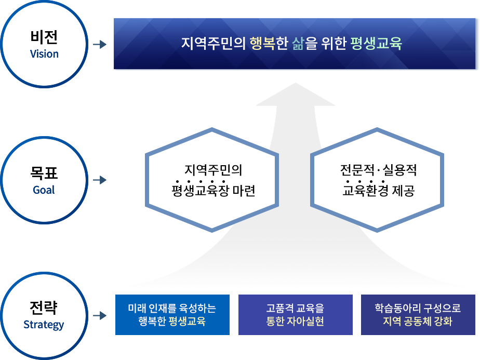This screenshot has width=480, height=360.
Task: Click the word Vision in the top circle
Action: pos(44,54)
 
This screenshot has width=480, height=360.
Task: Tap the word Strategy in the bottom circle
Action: pos(44,325)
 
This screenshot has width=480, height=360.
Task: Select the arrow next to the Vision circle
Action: pos(99,44)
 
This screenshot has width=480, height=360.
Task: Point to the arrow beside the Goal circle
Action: pos(99,180)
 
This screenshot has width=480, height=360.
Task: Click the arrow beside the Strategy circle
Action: pos(99,315)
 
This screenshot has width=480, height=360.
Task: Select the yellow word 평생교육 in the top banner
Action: pos(376,44)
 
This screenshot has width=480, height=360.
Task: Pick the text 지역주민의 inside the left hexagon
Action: pos(214,170)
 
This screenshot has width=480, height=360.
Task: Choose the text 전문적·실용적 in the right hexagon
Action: pos(378,170)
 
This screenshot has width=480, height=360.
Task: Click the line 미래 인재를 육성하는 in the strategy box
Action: pos(172,309)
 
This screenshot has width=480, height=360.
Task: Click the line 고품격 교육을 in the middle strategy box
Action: pos(295,309)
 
